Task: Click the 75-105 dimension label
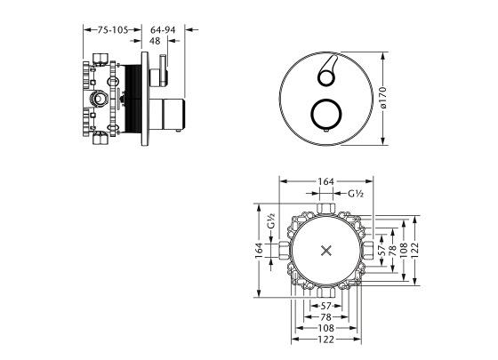[113, 30]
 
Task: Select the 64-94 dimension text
[163, 30]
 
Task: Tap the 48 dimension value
[155, 41]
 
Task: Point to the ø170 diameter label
[383, 98]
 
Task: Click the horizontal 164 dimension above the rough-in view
[326, 181]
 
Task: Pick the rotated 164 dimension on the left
[259, 251]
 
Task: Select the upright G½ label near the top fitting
[356, 194]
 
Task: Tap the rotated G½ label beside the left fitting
[270, 221]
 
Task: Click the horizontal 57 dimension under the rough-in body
[326, 306]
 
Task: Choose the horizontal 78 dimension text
[326, 316]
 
